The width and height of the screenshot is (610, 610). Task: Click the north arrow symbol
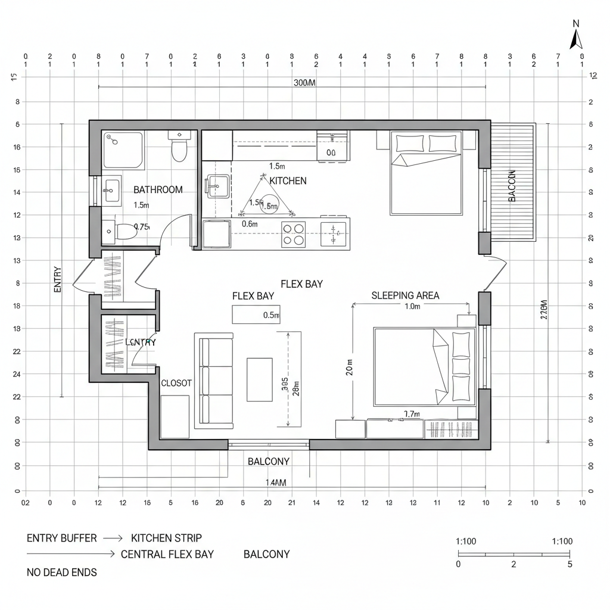pyautogui.click(x=575, y=40)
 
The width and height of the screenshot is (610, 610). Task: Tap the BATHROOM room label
pyautogui.click(x=158, y=190)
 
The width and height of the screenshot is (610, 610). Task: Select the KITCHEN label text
pyautogui.click(x=288, y=180)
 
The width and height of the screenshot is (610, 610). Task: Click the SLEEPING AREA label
pyautogui.click(x=405, y=295)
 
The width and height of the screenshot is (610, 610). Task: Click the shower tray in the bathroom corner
pyautogui.click(x=123, y=150)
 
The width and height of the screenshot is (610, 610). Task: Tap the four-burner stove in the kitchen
pyautogui.click(x=293, y=234)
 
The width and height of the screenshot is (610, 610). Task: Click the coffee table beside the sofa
pyautogui.click(x=259, y=375)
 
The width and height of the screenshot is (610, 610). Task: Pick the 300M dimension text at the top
pyautogui.click(x=304, y=83)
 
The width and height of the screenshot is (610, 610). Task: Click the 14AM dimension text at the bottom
pyautogui.click(x=275, y=483)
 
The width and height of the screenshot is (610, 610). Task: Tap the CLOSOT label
pyautogui.click(x=176, y=384)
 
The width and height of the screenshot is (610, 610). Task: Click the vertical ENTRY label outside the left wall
pyautogui.click(x=58, y=279)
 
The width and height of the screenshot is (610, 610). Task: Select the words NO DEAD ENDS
pyautogui.click(x=62, y=572)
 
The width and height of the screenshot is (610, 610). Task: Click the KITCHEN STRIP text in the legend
pyautogui.click(x=166, y=538)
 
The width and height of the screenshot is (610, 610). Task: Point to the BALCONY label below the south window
pyautogui.click(x=268, y=462)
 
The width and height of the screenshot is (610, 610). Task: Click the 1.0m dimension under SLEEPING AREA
pyautogui.click(x=412, y=307)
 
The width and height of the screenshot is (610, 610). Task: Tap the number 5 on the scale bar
pyautogui.click(x=570, y=564)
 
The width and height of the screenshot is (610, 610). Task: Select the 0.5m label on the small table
pyautogui.click(x=271, y=315)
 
